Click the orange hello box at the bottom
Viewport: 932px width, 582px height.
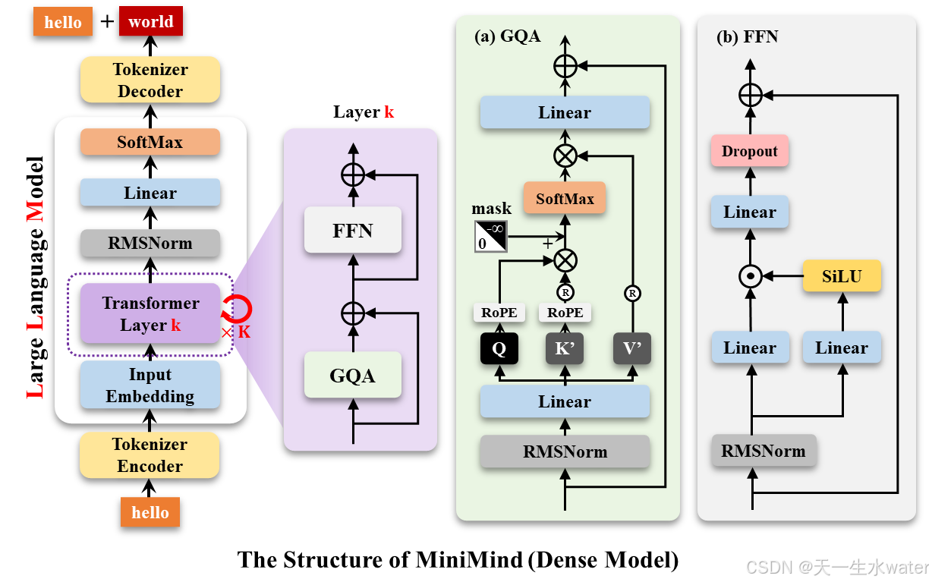(x=150, y=512)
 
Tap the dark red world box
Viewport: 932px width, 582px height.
(x=150, y=22)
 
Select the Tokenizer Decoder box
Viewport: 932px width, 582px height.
(x=150, y=80)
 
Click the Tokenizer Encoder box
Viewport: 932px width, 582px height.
(x=150, y=455)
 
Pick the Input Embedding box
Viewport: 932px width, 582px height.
(x=150, y=385)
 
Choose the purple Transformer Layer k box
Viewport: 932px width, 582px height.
(x=150, y=314)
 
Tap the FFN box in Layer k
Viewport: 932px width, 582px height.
(x=352, y=230)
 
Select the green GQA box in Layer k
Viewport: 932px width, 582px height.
(x=352, y=375)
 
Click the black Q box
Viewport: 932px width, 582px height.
(x=499, y=348)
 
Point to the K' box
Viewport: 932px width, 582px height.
(x=565, y=348)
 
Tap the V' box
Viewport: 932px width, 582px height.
(x=632, y=348)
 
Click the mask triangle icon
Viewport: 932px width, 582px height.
(x=491, y=236)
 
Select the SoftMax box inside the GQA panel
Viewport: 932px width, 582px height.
(x=565, y=199)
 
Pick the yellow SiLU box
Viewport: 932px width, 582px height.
(x=842, y=276)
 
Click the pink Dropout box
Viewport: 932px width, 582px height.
(x=750, y=151)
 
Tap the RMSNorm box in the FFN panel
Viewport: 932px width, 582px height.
(x=763, y=451)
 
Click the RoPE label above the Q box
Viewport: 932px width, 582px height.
(x=499, y=313)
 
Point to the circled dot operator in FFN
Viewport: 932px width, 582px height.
(x=751, y=277)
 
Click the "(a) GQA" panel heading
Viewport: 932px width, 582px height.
(x=507, y=36)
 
